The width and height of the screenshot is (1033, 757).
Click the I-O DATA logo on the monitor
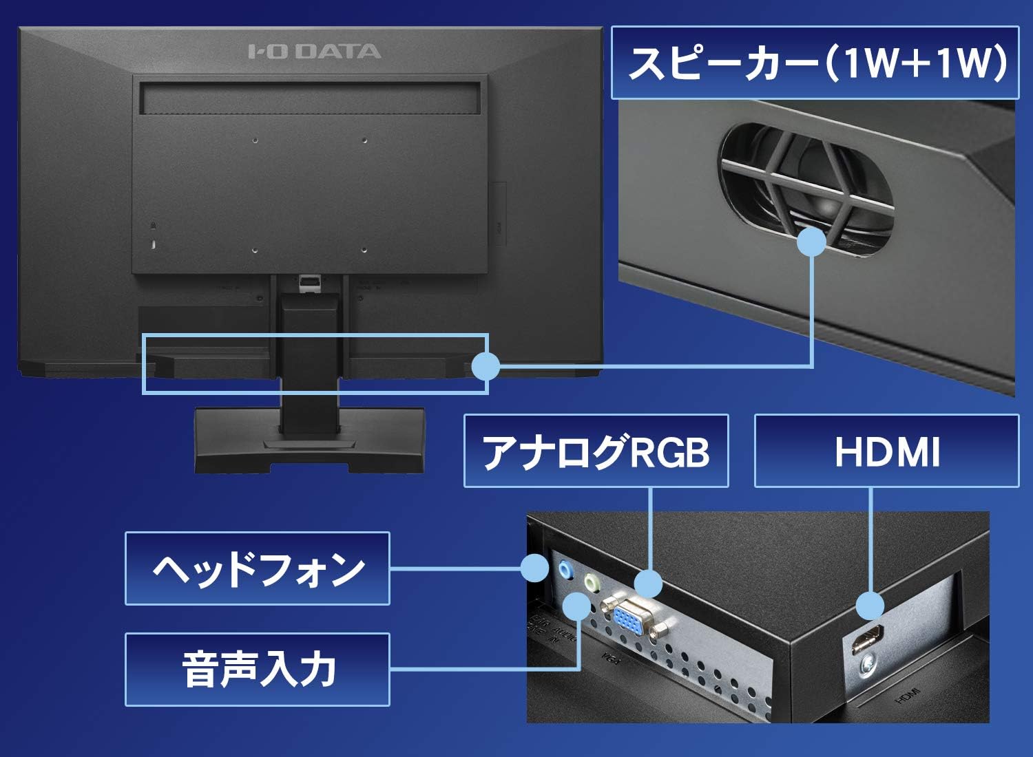tap(314, 52)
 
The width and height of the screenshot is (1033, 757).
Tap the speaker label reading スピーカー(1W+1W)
tap(815, 63)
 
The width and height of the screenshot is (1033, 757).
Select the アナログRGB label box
tap(596, 451)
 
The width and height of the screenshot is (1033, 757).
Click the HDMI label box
tap(887, 451)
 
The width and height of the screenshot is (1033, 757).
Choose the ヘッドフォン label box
tap(258, 569)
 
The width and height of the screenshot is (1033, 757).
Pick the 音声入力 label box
tap(258, 670)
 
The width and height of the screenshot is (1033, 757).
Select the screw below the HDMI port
tap(868, 664)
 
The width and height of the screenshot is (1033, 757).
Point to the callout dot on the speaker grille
tap(812, 242)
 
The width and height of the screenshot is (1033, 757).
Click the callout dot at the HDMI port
tap(870, 606)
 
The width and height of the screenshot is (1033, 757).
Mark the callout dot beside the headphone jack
tap(535, 568)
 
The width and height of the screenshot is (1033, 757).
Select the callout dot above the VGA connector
tap(648, 584)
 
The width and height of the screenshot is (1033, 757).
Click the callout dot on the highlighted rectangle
tap(486, 366)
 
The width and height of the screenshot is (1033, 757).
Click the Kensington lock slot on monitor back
tap(153, 243)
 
